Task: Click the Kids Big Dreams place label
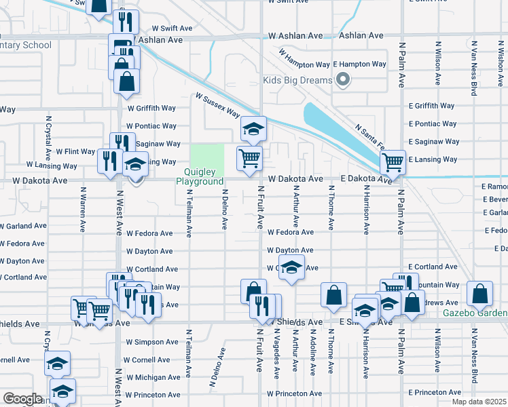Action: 297,81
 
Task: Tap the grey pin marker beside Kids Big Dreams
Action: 343,81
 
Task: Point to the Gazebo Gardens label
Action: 475,313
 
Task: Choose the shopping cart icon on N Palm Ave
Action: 393,162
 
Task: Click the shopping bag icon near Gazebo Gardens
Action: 479,294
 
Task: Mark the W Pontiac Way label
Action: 152,126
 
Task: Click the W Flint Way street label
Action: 75,151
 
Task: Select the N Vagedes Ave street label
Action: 276,355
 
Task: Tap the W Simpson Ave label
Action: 151,342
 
